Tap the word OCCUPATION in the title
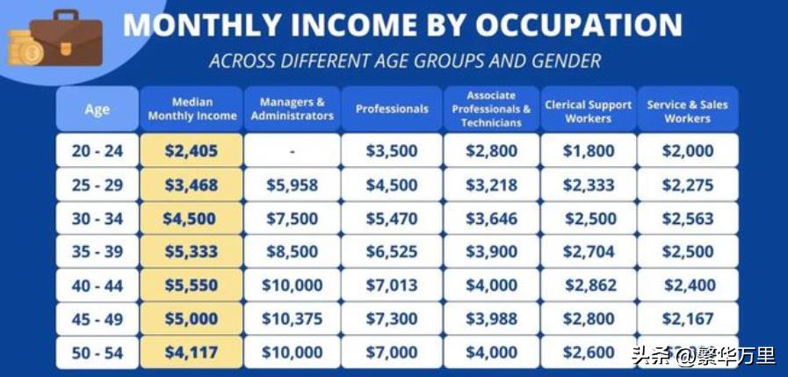579,23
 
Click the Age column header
97,109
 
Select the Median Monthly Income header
192,109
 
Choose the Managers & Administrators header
293,109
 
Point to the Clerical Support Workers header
589,111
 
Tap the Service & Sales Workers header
688,111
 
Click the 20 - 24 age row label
97,151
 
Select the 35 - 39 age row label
97,251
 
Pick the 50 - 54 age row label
97,352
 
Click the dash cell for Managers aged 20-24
293,151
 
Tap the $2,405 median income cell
192,151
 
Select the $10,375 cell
293,319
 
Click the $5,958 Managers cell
293,185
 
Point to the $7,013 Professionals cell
392,285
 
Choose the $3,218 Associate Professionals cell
491,185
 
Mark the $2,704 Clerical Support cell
589,251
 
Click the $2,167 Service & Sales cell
688,319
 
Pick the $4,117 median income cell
192,352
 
